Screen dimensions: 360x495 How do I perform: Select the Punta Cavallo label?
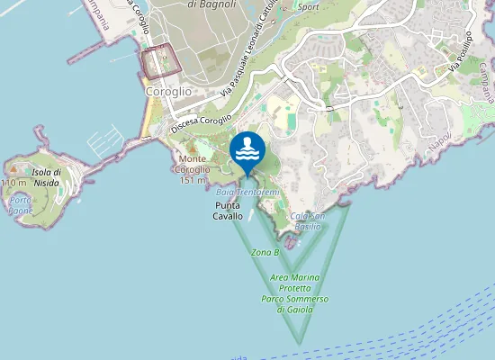click(x=228, y=211)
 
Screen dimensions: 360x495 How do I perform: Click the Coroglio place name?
click(x=167, y=91)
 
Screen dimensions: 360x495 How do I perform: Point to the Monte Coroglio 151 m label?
click(x=191, y=170)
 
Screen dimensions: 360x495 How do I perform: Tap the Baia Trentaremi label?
click(x=248, y=193)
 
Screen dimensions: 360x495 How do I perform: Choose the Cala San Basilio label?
click(x=308, y=220)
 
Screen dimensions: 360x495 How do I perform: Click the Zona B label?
click(x=265, y=252)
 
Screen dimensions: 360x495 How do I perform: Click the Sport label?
click(x=309, y=6)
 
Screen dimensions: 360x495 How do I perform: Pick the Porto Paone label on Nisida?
click(x=21, y=204)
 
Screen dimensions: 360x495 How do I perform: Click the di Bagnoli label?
click(x=206, y=4)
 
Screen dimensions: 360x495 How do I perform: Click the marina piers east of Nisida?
click(x=101, y=142)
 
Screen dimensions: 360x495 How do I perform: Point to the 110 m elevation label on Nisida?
click(x=13, y=183)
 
